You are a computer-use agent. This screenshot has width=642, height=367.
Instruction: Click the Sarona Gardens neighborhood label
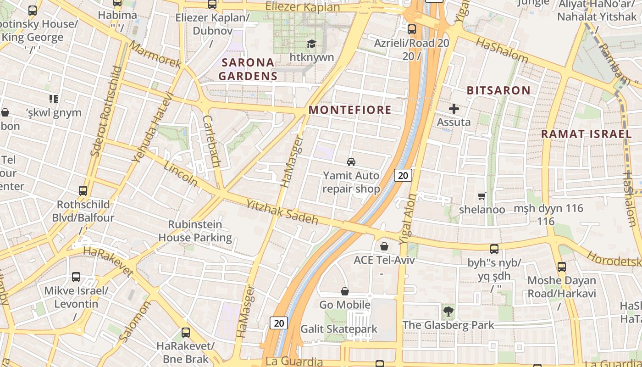[x=248, y=69]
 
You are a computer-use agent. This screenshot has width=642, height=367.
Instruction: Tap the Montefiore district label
[x=350, y=110]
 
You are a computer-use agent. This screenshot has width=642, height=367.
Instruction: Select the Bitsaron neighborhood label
[x=498, y=90]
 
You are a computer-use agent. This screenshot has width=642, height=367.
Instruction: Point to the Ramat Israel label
[x=587, y=134]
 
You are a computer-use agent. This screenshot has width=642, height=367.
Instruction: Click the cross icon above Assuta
[x=454, y=109]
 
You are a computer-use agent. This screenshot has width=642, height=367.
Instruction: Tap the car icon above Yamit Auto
[x=351, y=161]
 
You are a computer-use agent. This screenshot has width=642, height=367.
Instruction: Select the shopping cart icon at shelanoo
[x=482, y=196]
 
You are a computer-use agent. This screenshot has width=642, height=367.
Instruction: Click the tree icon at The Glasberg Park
[x=448, y=312]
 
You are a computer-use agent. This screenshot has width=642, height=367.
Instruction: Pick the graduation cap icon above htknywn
[x=312, y=44]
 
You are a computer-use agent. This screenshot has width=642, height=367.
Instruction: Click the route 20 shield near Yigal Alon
[x=403, y=175]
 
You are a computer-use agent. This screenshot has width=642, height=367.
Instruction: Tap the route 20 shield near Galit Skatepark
[x=278, y=323]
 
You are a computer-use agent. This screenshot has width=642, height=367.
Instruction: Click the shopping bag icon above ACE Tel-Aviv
[x=384, y=246]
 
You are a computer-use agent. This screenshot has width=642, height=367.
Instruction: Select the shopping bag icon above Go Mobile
[x=345, y=291]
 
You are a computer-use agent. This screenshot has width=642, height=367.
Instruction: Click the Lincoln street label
[x=180, y=174]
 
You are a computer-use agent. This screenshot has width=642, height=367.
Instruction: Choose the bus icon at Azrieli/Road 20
[x=412, y=29]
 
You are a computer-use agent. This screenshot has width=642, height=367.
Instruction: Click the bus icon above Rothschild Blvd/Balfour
[x=83, y=190]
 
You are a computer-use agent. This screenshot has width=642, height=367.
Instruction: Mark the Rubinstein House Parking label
[x=195, y=231]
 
